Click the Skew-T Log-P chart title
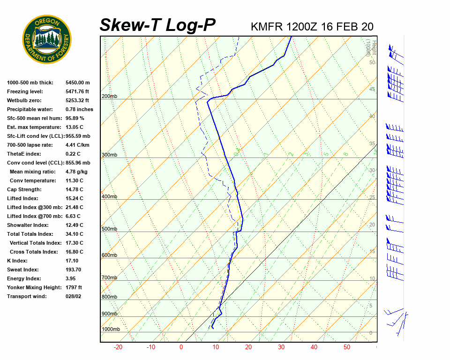pos(157,25)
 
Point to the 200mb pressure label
pos(109,97)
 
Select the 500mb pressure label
pos(109,229)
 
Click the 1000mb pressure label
pos(111,329)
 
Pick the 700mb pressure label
pos(109,277)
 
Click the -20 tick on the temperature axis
pos(118,347)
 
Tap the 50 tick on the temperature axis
pos(347,347)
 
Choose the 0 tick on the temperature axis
pos(181,347)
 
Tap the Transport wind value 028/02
pos(74,296)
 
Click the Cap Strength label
pos(24,189)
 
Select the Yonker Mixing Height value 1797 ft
pos(74,287)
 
